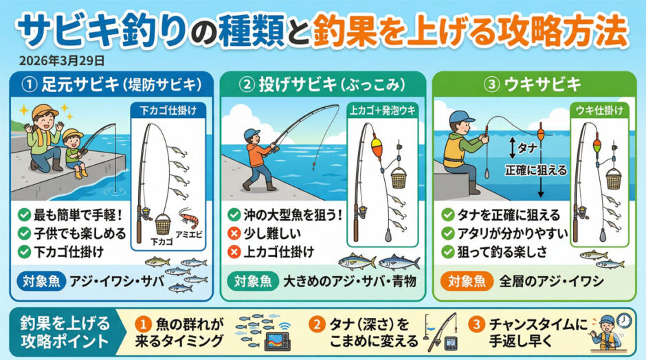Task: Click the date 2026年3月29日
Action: pyautogui.click(x=62, y=61)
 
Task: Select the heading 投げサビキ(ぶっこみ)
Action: pyautogui.click(x=322, y=85)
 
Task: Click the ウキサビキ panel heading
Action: pyautogui.click(x=535, y=85)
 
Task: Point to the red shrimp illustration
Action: pyautogui.click(x=190, y=218)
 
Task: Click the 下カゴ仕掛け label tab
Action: pyautogui.click(x=168, y=111)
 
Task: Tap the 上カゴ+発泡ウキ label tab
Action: pyautogui.click(x=382, y=110)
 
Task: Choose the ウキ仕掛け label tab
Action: pyautogui.click(x=599, y=110)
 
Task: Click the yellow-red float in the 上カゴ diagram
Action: pyautogui.click(x=377, y=146)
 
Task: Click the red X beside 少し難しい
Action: pyautogui.click(x=234, y=234)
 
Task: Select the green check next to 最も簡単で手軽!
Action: pyautogui.click(x=24, y=214)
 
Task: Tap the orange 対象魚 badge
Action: pyautogui.click(x=467, y=282)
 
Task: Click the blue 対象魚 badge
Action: pyautogui.click(x=41, y=282)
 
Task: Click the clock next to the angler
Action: pyautogui.click(x=625, y=320)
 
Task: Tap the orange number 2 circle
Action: pyautogui.click(x=316, y=324)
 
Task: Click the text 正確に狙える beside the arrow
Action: pyautogui.click(x=535, y=170)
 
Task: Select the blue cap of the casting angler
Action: pyautogui.click(x=252, y=134)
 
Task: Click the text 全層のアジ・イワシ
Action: pyautogui.click(x=551, y=282)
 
